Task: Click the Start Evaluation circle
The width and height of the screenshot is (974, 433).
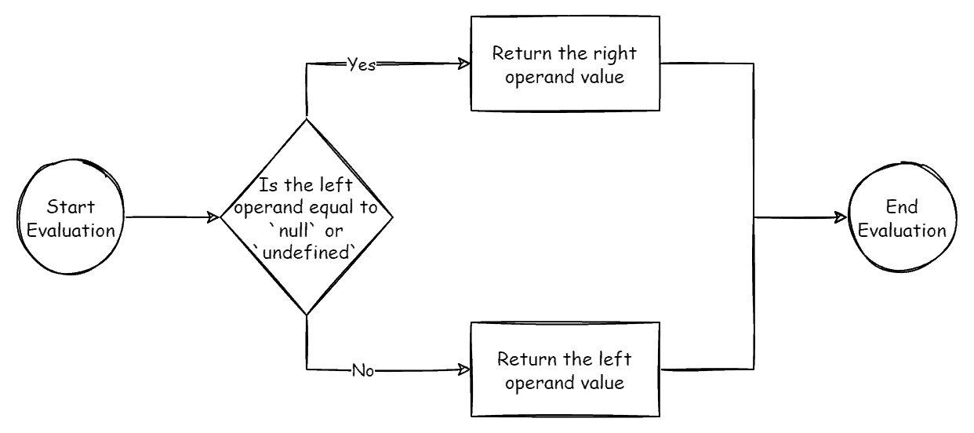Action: point(70,219)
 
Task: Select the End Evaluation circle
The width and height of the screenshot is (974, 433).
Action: point(901,219)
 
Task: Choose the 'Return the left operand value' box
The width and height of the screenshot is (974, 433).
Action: point(565,371)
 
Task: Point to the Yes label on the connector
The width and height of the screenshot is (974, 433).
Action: point(361,65)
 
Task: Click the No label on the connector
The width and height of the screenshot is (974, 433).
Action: point(362,370)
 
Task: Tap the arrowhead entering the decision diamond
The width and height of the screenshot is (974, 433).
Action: point(213,217)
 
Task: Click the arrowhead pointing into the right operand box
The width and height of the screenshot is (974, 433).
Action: point(463,64)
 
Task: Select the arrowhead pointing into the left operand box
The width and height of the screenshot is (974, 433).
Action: point(463,369)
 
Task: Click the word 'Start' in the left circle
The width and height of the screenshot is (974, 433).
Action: point(71,207)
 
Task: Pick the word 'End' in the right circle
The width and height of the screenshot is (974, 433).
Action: point(901,207)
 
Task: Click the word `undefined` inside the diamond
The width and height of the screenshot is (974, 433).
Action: point(306,252)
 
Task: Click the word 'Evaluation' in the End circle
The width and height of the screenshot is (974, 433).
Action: point(901,231)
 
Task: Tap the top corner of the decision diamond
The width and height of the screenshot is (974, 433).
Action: point(306,119)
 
